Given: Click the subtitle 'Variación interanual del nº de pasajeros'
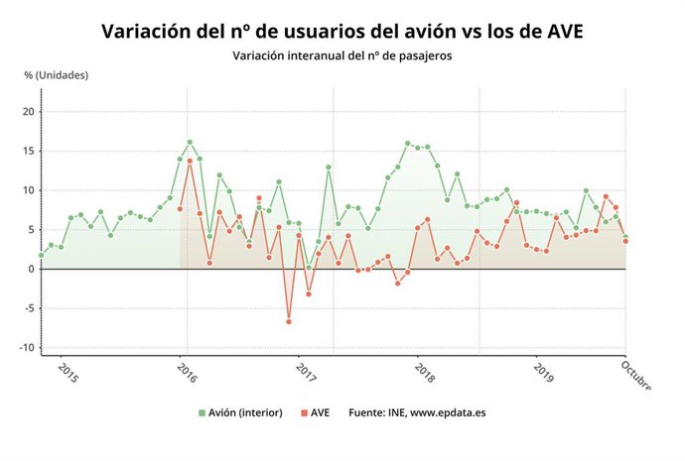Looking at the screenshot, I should click(342, 57).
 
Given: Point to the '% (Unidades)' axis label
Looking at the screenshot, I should click(57, 75).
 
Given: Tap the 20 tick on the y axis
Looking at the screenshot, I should click(28, 111).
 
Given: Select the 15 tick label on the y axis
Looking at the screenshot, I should click(28, 151).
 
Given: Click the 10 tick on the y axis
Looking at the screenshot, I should click(28, 190).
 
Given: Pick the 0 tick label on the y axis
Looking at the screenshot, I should click(31, 269).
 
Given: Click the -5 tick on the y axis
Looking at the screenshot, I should click(29, 308).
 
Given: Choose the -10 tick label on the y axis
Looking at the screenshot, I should click(26, 348).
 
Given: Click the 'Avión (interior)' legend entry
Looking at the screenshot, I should click(242, 412).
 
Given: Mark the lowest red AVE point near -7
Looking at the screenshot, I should click(289, 321).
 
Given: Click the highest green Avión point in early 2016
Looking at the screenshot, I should click(190, 142).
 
